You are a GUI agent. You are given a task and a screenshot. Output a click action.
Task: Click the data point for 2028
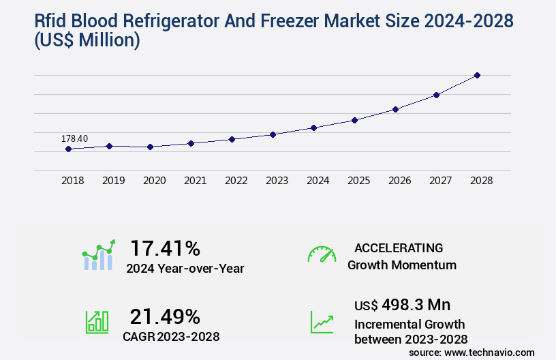coord(477,75)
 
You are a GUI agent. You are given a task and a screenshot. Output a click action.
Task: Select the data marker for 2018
coord(69,149)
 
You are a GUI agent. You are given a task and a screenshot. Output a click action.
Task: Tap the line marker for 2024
coord(313,127)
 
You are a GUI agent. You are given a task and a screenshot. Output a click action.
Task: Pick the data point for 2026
coord(395,109)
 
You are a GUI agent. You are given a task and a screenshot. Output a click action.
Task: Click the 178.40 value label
coord(74,138)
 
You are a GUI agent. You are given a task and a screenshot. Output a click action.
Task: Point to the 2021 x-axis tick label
coord(195,181)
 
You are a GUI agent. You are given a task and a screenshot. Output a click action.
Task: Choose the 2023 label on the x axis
coord(277,181)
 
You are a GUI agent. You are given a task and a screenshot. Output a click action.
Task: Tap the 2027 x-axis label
coord(440,181)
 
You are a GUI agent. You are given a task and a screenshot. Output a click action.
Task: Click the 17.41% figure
coord(166,247)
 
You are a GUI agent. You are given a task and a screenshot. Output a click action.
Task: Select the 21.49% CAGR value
coord(166,316)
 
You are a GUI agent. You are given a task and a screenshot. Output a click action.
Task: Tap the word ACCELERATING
coord(399,247)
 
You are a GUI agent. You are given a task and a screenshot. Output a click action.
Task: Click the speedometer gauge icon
coord(322,254)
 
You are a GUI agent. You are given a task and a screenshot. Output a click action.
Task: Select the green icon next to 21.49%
coord(97,322)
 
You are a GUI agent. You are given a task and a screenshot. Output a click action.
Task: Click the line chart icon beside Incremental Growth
coord(322,322)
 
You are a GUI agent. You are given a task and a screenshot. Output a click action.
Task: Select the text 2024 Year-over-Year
coord(185,268)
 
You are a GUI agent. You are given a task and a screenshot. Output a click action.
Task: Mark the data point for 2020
coord(150,147)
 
